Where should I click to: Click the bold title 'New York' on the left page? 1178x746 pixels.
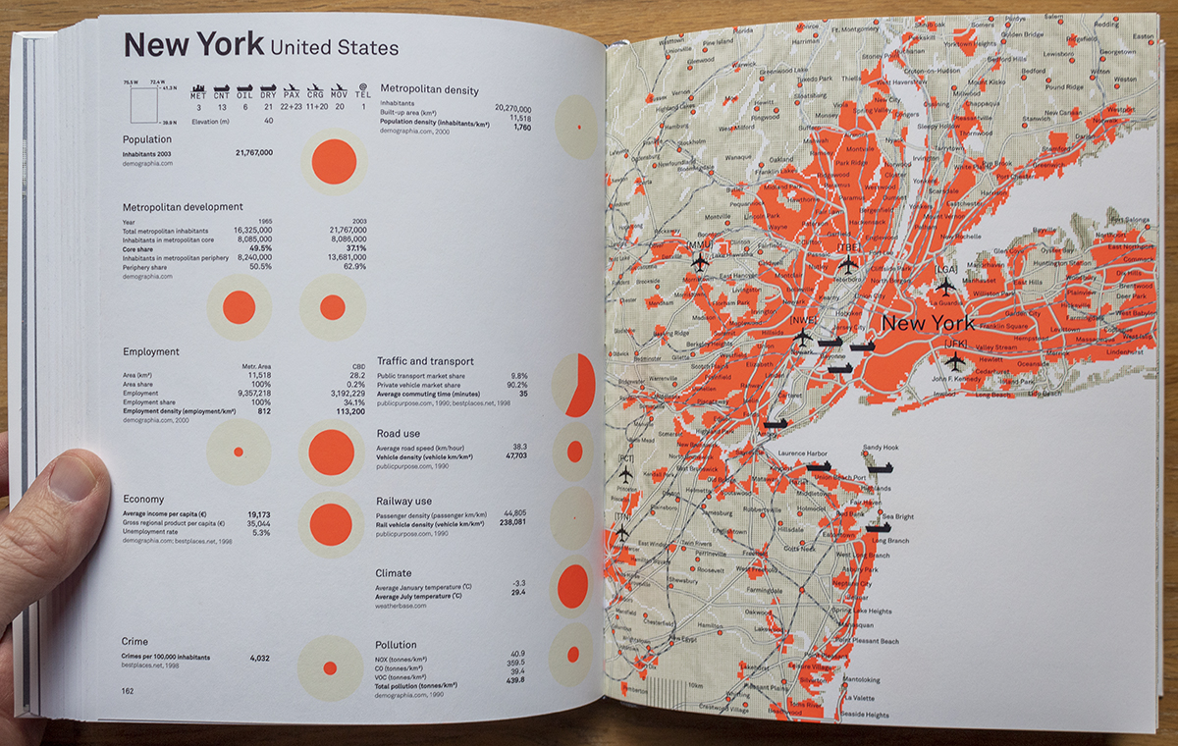pyautogui.click(x=193, y=44)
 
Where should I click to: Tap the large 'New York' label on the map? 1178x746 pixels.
pyautogui.click(x=928, y=323)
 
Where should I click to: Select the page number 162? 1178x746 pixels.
pyautogui.click(x=128, y=691)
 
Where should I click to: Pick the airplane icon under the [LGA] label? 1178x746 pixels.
pyautogui.click(x=945, y=287)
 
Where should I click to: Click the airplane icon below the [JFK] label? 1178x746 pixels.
pyautogui.click(x=953, y=361)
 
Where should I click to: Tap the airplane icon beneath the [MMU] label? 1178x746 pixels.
pyautogui.click(x=700, y=262)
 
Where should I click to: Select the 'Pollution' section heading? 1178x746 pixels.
pyautogui.click(x=396, y=645)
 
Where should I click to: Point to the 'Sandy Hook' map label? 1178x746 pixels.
pyautogui.click(x=881, y=448)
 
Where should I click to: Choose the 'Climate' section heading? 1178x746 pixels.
pyautogui.click(x=393, y=572)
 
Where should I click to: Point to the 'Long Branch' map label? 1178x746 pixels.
pyautogui.click(x=890, y=541)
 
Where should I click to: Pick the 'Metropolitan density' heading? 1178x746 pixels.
pyautogui.click(x=429, y=90)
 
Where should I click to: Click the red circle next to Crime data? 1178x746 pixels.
pyautogui.click(x=330, y=667)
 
